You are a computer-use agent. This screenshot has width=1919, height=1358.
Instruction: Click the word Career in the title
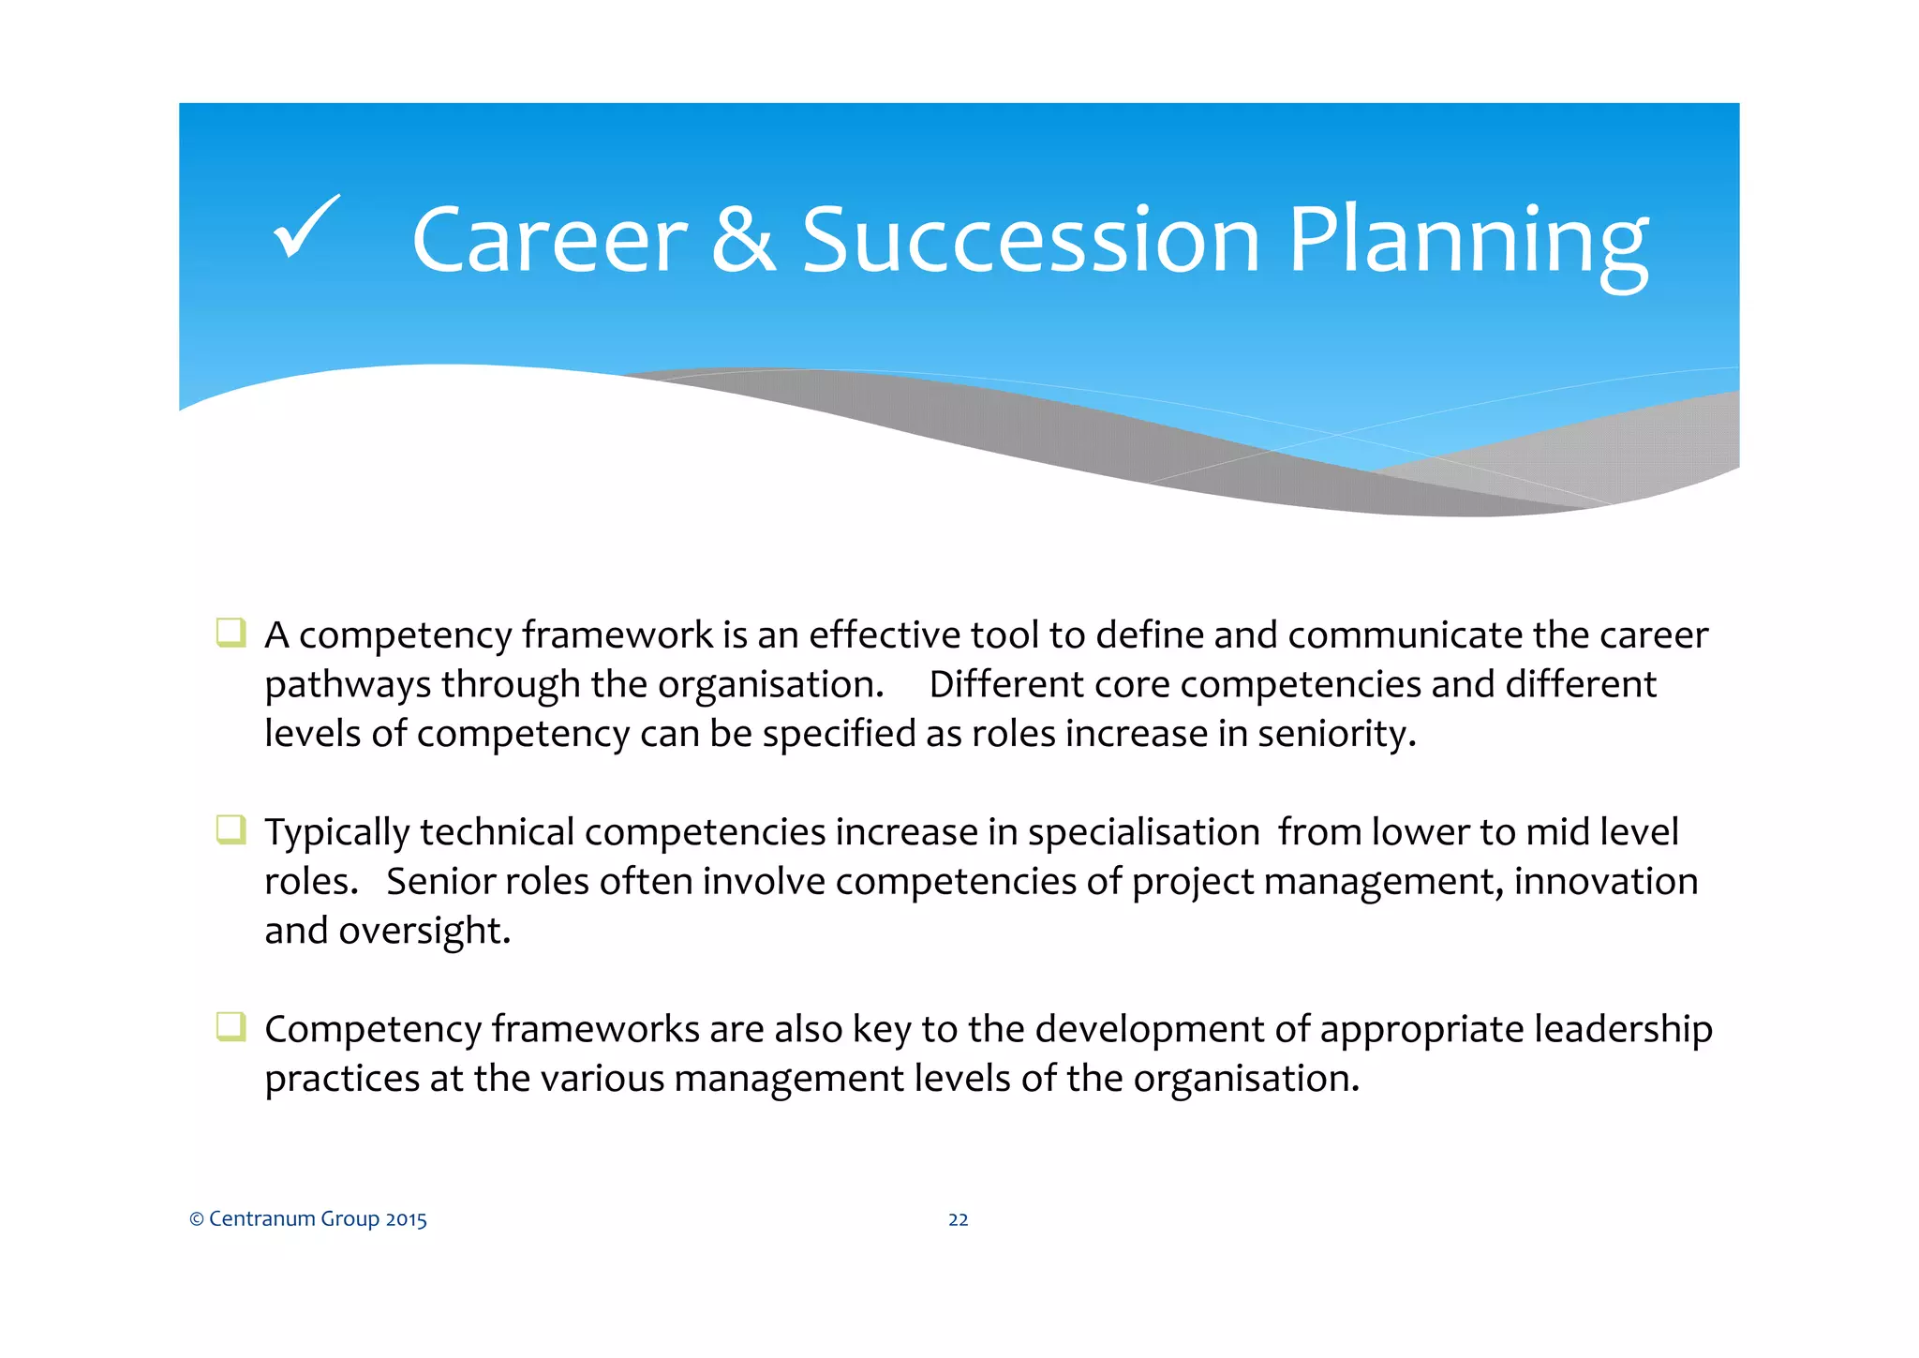(550, 241)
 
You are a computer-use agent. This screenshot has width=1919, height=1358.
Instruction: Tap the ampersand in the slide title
(743, 241)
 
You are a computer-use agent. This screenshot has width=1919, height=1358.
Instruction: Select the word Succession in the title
(1031, 241)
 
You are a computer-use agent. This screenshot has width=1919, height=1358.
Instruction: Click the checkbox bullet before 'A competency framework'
(231, 633)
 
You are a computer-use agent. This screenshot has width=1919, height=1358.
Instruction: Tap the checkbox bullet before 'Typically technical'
(231, 829)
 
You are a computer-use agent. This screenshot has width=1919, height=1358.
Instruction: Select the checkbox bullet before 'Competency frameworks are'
(231, 1026)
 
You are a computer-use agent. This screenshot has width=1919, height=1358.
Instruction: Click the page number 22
(958, 1219)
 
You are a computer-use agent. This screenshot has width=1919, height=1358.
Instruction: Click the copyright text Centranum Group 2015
(308, 1218)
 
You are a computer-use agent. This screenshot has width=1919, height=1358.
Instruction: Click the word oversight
(424, 931)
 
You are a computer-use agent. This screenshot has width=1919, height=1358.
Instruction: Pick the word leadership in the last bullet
(1623, 1030)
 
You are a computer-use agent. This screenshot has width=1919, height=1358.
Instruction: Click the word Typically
(338, 833)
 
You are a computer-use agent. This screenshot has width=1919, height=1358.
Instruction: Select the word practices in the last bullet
(341, 1079)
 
